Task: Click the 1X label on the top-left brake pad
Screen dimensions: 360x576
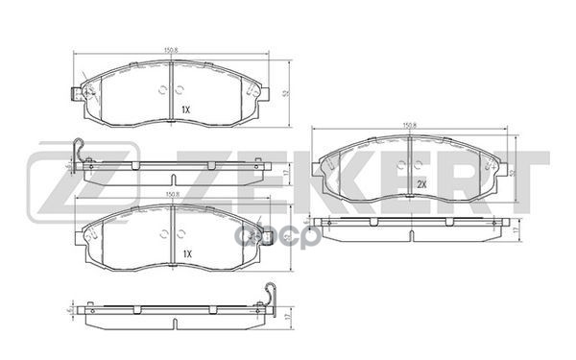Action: click(x=186, y=110)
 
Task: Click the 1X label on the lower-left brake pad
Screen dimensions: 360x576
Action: click(x=187, y=253)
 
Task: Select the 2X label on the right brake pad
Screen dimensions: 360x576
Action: click(x=420, y=184)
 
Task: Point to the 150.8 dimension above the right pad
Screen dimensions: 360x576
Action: click(x=407, y=124)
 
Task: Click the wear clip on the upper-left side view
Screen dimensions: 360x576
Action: click(x=80, y=153)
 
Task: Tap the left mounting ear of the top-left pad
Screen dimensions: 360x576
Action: click(x=73, y=95)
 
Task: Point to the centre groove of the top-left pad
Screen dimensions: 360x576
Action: click(x=170, y=91)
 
